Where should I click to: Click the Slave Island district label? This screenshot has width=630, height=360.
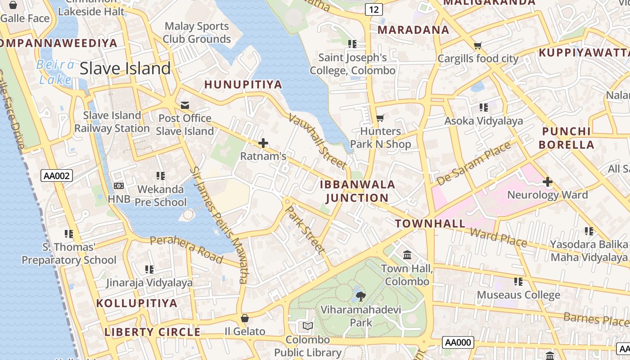pyautogui.click(x=125, y=68)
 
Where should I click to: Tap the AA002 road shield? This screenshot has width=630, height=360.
pyautogui.click(x=57, y=175)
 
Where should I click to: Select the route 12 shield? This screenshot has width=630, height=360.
pyautogui.click(x=374, y=9)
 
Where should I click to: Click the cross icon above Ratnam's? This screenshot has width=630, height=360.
pyautogui.click(x=263, y=144)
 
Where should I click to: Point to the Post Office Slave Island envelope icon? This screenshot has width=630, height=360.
pyautogui.click(x=185, y=105)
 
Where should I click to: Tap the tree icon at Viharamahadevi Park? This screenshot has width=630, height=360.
pyautogui.click(x=360, y=296)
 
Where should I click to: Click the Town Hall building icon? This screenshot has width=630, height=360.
pyautogui.click(x=407, y=255)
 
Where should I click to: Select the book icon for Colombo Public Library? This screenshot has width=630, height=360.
pyautogui.click(x=308, y=326)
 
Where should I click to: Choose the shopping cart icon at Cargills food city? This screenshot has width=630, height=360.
pyautogui.click(x=477, y=45)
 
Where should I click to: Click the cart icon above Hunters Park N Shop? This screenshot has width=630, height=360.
pyautogui.click(x=380, y=118)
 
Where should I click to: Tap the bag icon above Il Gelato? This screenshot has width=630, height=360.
pyautogui.click(x=245, y=319)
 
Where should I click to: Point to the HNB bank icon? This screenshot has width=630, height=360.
pyautogui.click(x=119, y=185)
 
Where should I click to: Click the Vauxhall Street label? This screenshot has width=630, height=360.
pyautogui.click(x=317, y=140)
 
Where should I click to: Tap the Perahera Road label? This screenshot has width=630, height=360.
pyautogui.click(x=186, y=249)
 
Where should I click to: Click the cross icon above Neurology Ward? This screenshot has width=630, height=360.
pyautogui.click(x=547, y=182)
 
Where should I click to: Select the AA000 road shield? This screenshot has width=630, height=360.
pyautogui.click(x=458, y=342)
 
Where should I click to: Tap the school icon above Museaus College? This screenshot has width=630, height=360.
pyautogui.click(x=518, y=282)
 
